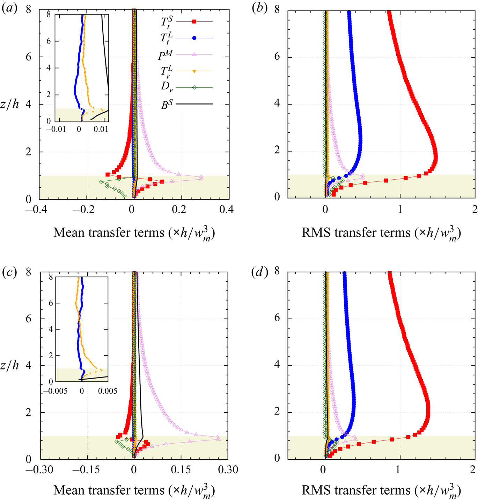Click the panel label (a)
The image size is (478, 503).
[9, 8]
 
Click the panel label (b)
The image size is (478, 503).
[259, 8]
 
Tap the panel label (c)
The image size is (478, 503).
[9, 272]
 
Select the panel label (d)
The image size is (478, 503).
[259, 272]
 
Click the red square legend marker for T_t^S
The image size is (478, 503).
[194, 22]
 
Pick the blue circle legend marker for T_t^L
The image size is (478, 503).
[194, 38]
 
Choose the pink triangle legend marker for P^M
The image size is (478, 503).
[194, 55]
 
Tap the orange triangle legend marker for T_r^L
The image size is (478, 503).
[194, 71]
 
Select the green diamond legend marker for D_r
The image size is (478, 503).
[194, 88]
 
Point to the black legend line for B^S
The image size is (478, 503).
[194, 104]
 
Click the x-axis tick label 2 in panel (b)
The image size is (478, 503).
[475, 209]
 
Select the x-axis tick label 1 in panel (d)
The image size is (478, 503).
[398, 469]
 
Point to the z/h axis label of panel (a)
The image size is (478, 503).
[9, 104]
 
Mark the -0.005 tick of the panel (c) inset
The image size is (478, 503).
[56, 391]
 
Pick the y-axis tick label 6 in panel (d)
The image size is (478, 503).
[277, 318]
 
